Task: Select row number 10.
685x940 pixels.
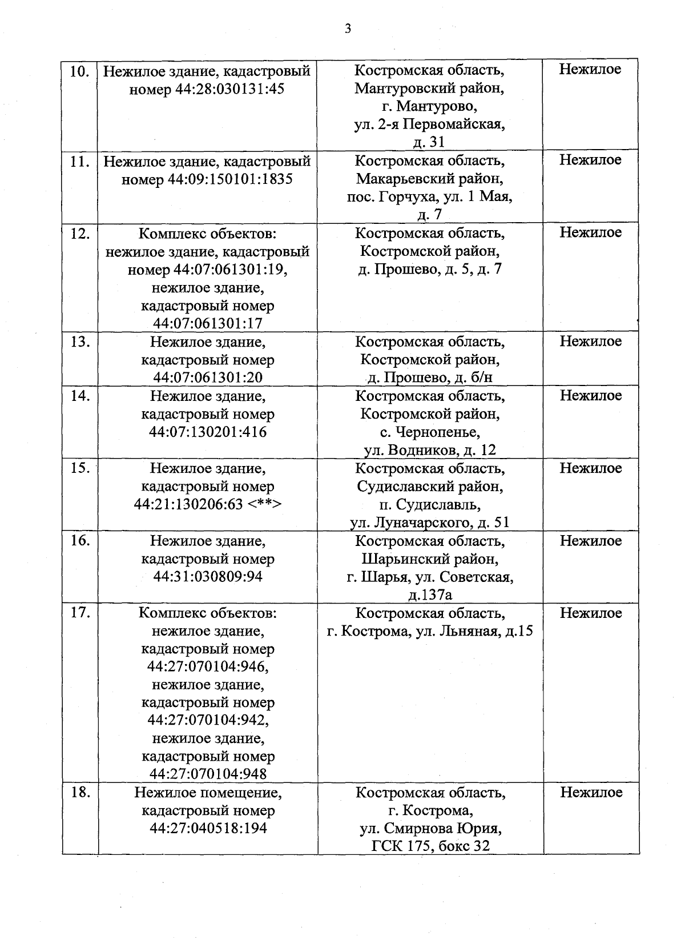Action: [x=79, y=71]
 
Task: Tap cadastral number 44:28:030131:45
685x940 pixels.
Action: [x=227, y=89]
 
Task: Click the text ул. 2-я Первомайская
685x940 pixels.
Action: [x=429, y=124]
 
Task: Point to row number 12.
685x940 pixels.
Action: [x=79, y=234]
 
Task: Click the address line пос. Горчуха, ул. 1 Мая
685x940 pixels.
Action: [x=429, y=197]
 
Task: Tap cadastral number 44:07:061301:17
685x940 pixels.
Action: [x=208, y=324]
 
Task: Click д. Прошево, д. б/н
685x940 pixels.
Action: [x=429, y=378]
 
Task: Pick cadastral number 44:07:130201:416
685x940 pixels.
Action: [x=208, y=432]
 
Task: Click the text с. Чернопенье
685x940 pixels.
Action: [x=429, y=432]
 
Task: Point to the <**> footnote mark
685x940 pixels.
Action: [x=265, y=504]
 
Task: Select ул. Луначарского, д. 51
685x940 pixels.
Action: [x=429, y=523]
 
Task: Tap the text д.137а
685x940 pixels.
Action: [x=429, y=596]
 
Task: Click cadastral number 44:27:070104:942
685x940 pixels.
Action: [x=208, y=720]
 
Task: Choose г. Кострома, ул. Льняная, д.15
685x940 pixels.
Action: [x=429, y=632]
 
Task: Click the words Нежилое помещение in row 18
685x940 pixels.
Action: [x=208, y=793]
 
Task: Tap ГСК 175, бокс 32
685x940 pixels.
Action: [x=429, y=846]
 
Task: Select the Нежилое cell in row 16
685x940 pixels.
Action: [x=590, y=541]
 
